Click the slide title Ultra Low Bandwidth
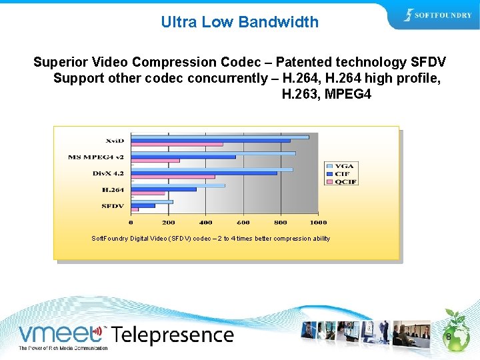coord(239,22)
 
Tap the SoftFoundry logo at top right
coord(437,16)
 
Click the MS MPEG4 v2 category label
coord(96,157)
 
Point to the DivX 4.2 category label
coord(108,173)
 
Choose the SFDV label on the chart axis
coord(113,206)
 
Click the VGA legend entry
coord(344,166)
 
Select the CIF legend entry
coord(343,173)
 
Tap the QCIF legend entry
coord(345,181)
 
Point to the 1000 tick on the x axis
coord(318,222)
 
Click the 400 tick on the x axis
coord(205,222)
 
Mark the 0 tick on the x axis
coord(131,222)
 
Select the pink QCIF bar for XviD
coord(177,144)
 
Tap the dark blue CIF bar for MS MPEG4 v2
coord(183,157)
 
